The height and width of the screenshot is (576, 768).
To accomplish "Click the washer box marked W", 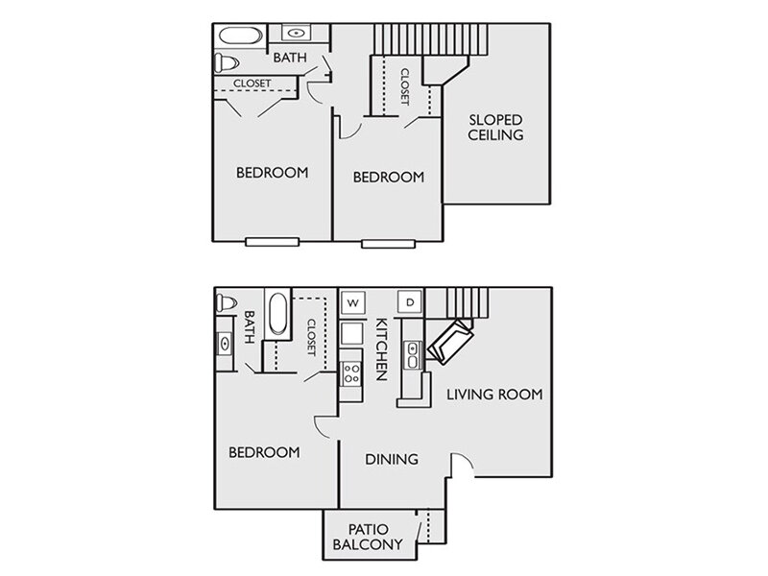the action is click(x=352, y=302).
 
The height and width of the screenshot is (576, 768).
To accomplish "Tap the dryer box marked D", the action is click(x=410, y=302).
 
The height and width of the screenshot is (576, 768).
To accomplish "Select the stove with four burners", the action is click(x=351, y=373).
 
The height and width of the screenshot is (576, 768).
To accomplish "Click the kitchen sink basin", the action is click(x=413, y=355).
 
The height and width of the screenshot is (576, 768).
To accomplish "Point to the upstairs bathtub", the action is click(x=241, y=36).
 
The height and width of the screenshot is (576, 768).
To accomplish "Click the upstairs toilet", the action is click(x=226, y=62).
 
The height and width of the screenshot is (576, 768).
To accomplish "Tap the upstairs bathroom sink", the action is click(x=296, y=34).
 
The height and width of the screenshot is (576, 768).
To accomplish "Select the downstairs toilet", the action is click(x=226, y=303).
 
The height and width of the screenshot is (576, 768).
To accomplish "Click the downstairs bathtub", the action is click(x=277, y=315).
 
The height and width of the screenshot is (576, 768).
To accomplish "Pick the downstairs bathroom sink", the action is click(x=225, y=344).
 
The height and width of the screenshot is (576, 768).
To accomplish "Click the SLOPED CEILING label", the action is click(x=495, y=128).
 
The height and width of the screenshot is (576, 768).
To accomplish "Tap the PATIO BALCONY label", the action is click(x=368, y=537).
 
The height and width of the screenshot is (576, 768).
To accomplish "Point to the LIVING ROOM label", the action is click(x=494, y=395).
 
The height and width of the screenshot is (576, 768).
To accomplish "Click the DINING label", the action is click(x=392, y=459).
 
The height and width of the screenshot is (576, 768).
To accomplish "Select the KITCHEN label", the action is click(x=381, y=349).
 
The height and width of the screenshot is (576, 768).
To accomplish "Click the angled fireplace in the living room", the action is click(x=450, y=342).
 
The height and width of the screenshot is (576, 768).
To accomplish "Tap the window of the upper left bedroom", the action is click(x=272, y=242).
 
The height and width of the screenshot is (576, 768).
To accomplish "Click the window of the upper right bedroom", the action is click(x=389, y=244).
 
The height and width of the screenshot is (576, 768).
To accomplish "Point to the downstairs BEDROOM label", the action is click(x=265, y=452).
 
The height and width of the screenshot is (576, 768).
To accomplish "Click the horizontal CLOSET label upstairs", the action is click(x=252, y=84).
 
